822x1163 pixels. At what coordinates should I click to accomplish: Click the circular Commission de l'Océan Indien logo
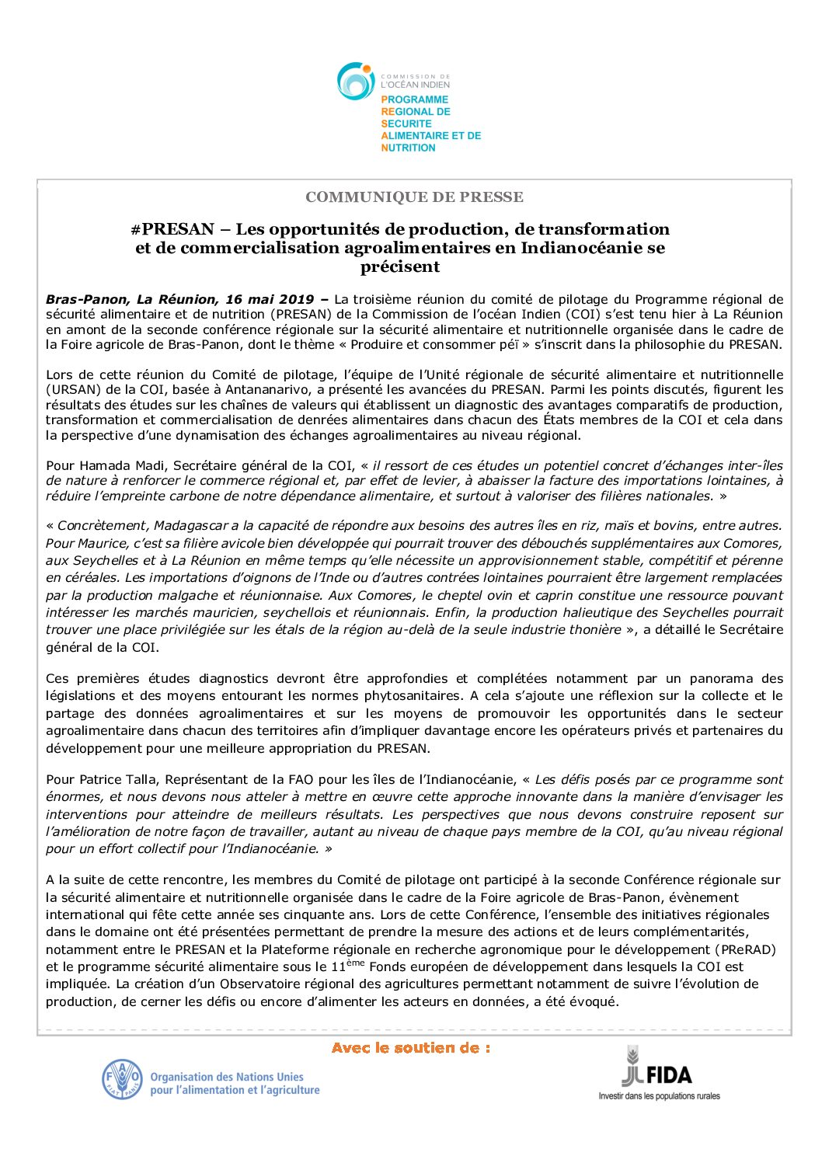point(356,81)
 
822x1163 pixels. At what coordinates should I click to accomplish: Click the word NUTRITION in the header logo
point(409,148)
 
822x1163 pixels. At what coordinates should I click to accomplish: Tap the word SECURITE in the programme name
point(406,124)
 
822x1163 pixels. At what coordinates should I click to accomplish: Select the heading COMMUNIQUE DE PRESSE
point(414,197)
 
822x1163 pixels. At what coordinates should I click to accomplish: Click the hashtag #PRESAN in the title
point(172,229)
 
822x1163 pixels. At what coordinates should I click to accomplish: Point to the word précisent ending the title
point(399,266)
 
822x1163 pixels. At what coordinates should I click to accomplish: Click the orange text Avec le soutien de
point(410,1048)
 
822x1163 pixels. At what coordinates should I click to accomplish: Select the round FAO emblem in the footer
point(122,1080)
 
